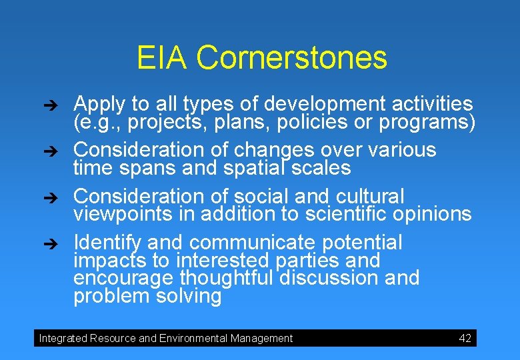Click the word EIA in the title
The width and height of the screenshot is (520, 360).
point(163,58)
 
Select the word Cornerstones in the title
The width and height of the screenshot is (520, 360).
point(291,58)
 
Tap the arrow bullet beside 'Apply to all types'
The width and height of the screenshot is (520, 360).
point(58,105)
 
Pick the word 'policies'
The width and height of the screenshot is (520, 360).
point(331,123)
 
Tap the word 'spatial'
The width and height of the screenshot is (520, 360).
point(249,167)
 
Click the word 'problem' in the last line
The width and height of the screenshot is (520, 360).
point(112,296)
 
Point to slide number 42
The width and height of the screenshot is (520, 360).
point(465,338)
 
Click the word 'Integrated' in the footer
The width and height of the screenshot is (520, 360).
point(63,339)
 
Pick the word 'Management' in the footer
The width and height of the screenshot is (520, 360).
point(261,339)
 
